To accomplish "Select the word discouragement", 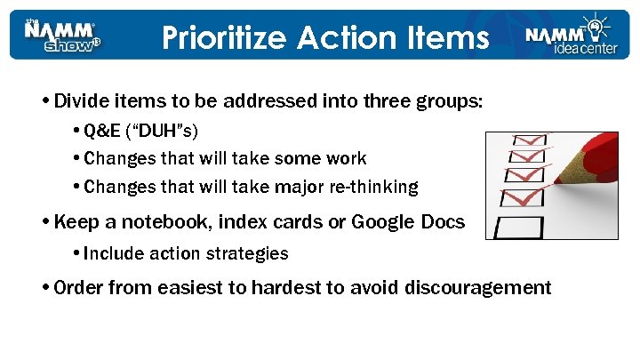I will coord(477,288).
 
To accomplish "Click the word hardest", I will coord(286,288).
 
